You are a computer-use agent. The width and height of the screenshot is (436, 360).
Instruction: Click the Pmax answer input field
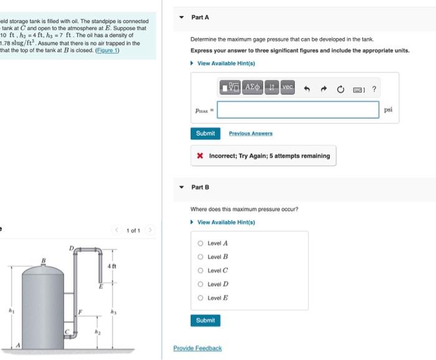298,110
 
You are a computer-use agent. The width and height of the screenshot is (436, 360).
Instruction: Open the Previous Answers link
250,133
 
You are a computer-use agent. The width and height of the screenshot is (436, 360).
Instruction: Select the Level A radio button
201,244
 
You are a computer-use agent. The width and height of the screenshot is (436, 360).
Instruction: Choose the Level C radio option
201,270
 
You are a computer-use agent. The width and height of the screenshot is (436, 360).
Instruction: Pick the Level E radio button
201,298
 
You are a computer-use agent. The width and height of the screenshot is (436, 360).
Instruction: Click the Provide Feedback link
197,348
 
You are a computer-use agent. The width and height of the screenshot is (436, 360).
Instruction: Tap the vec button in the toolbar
288,88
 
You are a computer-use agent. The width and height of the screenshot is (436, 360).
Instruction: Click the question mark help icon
374,89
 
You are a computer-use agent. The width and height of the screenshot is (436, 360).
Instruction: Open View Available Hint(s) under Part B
225,222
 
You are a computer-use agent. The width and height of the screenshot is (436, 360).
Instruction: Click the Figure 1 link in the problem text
107,50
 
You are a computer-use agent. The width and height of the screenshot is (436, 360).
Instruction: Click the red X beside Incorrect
199,156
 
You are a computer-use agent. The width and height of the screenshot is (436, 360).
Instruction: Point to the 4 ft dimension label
112,267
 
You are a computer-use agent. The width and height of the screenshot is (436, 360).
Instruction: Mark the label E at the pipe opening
100,287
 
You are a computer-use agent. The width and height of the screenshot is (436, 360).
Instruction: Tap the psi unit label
388,110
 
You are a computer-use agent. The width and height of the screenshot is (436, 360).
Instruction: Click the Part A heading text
200,17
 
